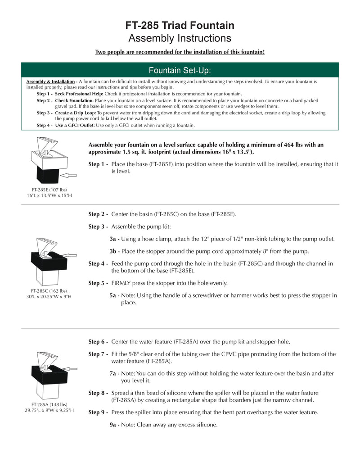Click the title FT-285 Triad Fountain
point(180,26)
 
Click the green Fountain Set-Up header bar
point(180,70)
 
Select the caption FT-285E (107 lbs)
point(49,190)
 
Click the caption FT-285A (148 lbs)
point(49,404)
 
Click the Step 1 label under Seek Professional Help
point(44,94)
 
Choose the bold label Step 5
point(98,283)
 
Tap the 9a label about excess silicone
point(114,424)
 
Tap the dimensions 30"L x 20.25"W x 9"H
point(49,297)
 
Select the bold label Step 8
point(98,393)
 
